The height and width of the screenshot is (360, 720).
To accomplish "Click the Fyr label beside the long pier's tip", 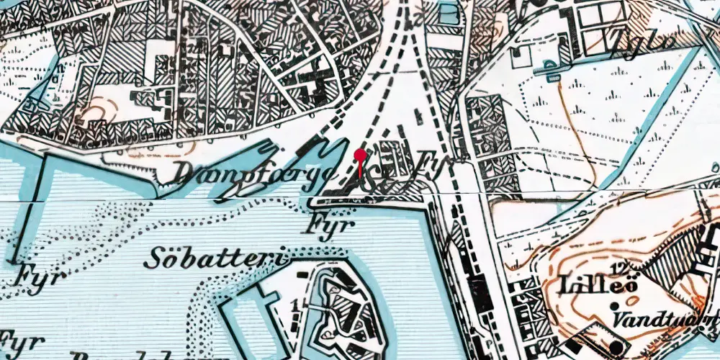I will click(x=32, y=275).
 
